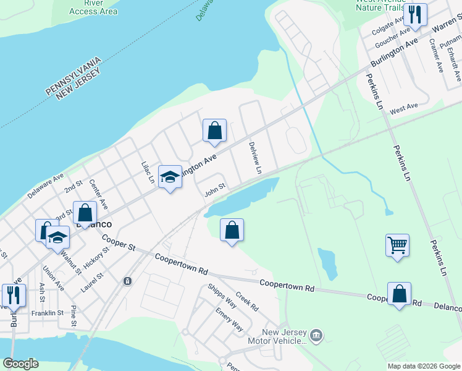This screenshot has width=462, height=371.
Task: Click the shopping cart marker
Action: click(x=398, y=245)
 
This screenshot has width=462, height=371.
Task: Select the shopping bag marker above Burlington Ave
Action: click(x=214, y=130)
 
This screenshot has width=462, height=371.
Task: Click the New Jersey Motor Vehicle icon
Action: click(x=316, y=335)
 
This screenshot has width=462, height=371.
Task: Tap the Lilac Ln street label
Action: click(x=148, y=171)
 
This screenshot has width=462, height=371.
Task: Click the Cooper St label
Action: click(x=119, y=243)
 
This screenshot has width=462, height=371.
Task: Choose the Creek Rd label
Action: click(x=246, y=302)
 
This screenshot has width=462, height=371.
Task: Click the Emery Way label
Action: click(x=229, y=320)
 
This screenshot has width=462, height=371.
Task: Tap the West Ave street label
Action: click(x=404, y=108)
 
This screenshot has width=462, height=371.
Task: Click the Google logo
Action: click(x=21, y=363)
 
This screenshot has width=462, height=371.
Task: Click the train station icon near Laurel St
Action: click(x=127, y=281)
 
